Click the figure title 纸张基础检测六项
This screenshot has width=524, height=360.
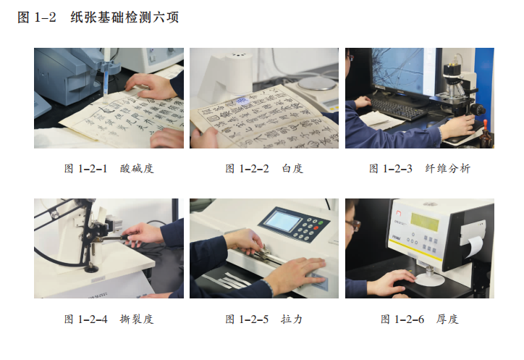point(124,17)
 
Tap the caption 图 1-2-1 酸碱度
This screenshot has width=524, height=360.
point(109,168)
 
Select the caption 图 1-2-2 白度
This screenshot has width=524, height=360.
point(264,168)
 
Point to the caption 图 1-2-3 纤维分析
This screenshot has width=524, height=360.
point(420,168)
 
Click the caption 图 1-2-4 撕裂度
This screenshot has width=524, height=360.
point(109,319)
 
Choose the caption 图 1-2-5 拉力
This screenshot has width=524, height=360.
point(264,319)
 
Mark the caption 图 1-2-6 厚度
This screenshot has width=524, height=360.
point(420,319)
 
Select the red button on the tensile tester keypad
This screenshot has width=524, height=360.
point(316,228)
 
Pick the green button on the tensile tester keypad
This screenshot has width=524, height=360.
point(321,222)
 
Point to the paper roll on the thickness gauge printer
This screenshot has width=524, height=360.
point(474,246)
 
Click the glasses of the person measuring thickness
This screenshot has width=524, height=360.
point(354,225)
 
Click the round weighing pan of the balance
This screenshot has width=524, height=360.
point(317,83)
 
